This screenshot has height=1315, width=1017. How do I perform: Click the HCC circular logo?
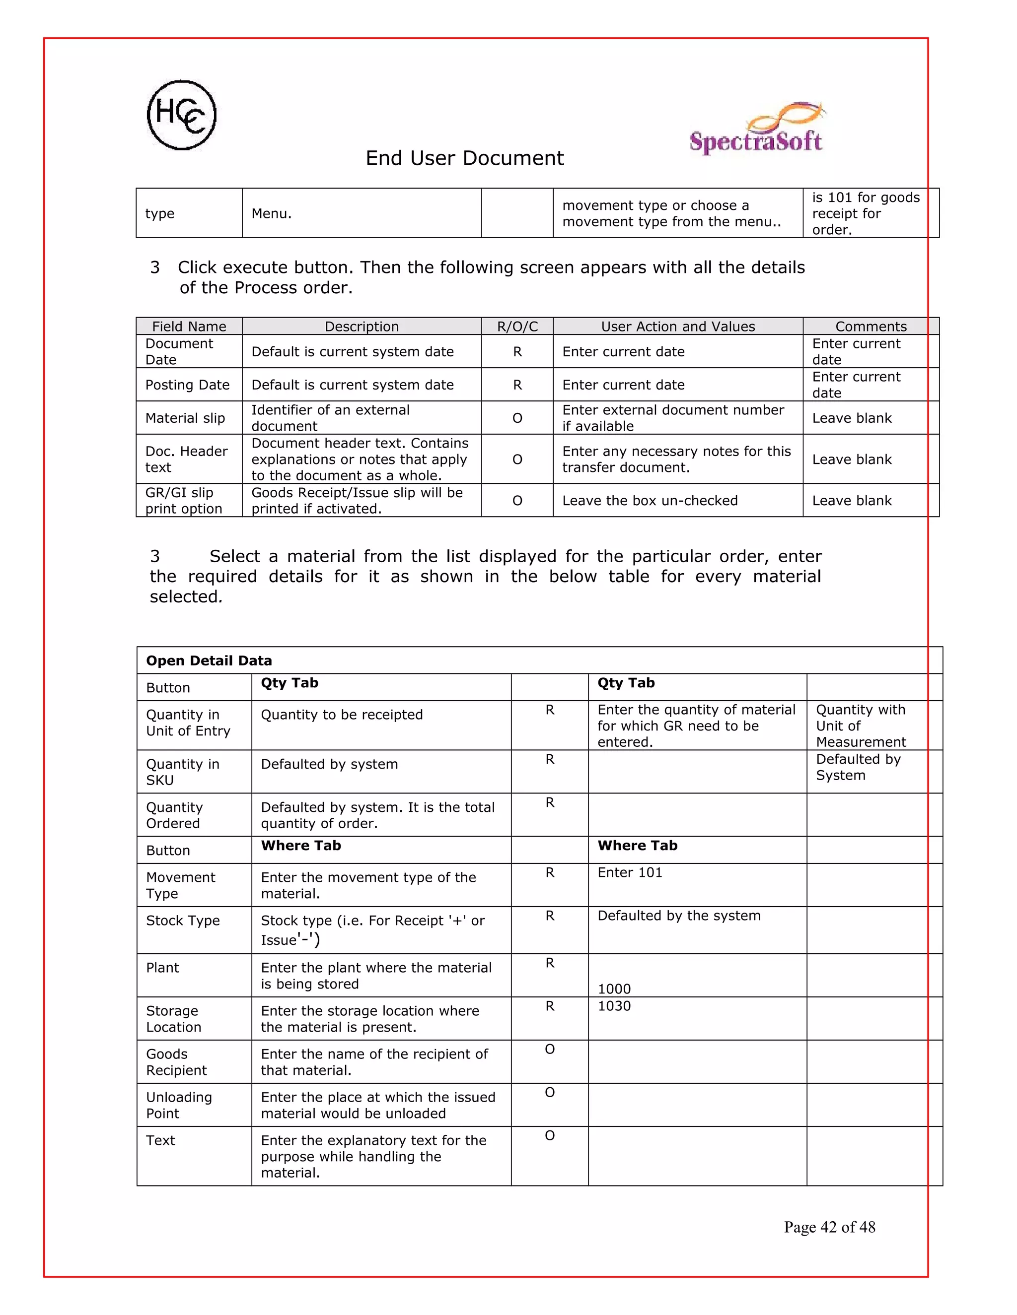[181, 115]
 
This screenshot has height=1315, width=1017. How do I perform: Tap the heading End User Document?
[464, 158]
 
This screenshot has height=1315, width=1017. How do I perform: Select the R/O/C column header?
[517, 327]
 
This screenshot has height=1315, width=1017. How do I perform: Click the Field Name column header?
[189, 327]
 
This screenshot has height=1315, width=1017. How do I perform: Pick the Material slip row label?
[185, 418]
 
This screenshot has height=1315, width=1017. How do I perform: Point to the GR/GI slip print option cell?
[184, 500]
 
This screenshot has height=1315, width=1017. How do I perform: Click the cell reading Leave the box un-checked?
[650, 500]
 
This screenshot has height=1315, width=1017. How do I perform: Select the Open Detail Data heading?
[209, 660]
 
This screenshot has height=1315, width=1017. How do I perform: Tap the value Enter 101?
[630, 872]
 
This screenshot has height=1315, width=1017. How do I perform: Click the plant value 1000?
[614, 988]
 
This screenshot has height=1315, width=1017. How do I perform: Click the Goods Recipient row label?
[176, 1062]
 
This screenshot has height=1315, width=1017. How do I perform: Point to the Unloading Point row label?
[179, 1105]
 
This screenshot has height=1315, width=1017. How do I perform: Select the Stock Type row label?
[183, 920]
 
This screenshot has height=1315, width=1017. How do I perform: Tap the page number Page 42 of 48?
[829, 1227]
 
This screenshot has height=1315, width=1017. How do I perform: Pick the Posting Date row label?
[187, 385]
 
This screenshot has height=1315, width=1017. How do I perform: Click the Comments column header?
[871, 327]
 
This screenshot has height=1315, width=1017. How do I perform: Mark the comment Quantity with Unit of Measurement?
[861, 725]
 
